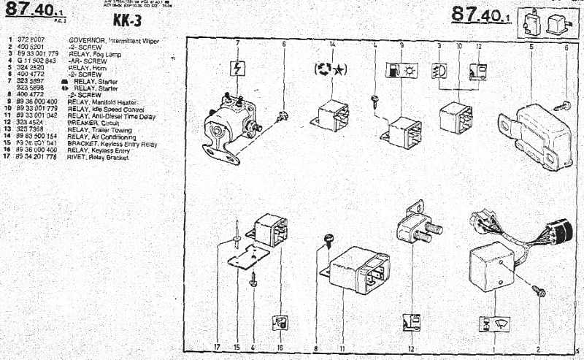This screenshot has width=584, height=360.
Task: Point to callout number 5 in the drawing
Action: tap(531, 46)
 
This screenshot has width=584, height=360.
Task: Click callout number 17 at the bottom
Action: tap(217, 348)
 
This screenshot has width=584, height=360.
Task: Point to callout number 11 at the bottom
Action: tap(342, 348)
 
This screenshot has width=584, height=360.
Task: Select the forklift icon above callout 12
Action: tap(410, 322)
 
